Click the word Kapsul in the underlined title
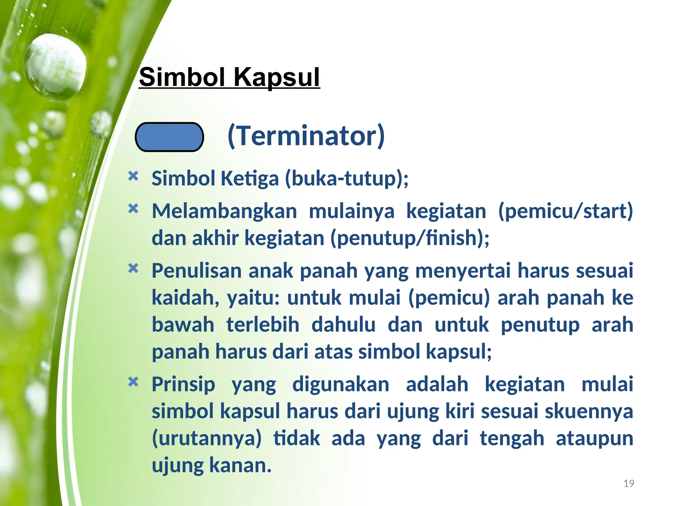pos(277,78)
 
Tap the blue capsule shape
pos(169,137)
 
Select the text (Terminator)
pos(306,136)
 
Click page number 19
pos(629,483)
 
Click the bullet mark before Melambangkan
pos(133,209)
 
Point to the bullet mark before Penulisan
pos(133,268)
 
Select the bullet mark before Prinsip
pos(133,382)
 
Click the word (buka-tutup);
pos(346,179)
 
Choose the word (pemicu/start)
pos(565,211)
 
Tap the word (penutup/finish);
pos(410,238)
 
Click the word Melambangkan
pos(224,211)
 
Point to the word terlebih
pos(263,325)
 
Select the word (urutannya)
pos(207,438)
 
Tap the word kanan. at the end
pos(240,465)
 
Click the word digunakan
pos(340,384)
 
